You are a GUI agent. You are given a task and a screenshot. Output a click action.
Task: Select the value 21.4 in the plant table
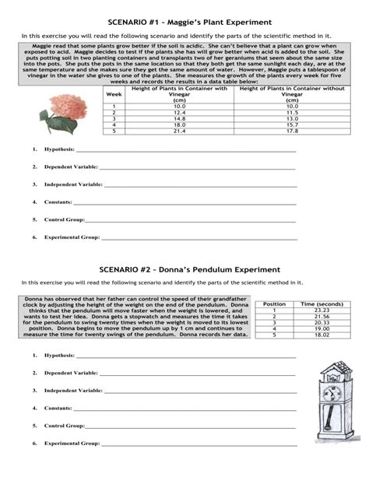(179, 131)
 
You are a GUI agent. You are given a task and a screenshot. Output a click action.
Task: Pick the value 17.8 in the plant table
(291, 131)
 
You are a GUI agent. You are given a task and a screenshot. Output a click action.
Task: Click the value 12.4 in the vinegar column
(179, 112)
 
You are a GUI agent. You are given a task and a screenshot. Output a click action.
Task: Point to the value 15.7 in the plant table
(291, 125)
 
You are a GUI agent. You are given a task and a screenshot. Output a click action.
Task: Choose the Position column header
(275, 303)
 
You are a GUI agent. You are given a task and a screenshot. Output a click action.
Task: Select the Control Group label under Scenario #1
(64, 219)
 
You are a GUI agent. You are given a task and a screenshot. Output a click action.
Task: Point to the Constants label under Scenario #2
(58, 408)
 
